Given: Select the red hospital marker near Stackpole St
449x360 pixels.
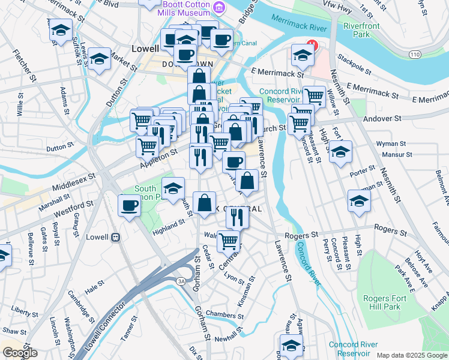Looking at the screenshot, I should click(x=311, y=44).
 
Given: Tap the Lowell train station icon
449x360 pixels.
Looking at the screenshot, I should click(x=115, y=236).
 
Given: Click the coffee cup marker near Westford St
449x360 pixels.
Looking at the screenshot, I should click(x=129, y=206).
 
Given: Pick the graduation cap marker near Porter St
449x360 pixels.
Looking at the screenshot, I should click(x=359, y=201).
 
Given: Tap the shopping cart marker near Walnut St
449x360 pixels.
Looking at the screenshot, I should click(x=228, y=241).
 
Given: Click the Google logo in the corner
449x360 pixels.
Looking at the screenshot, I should click(x=20, y=352).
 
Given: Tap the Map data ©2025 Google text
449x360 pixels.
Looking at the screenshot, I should click(x=411, y=355).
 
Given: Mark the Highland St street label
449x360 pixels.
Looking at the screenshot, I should click(x=168, y=226).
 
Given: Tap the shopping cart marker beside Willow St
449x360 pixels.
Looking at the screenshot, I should click(x=314, y=96).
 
